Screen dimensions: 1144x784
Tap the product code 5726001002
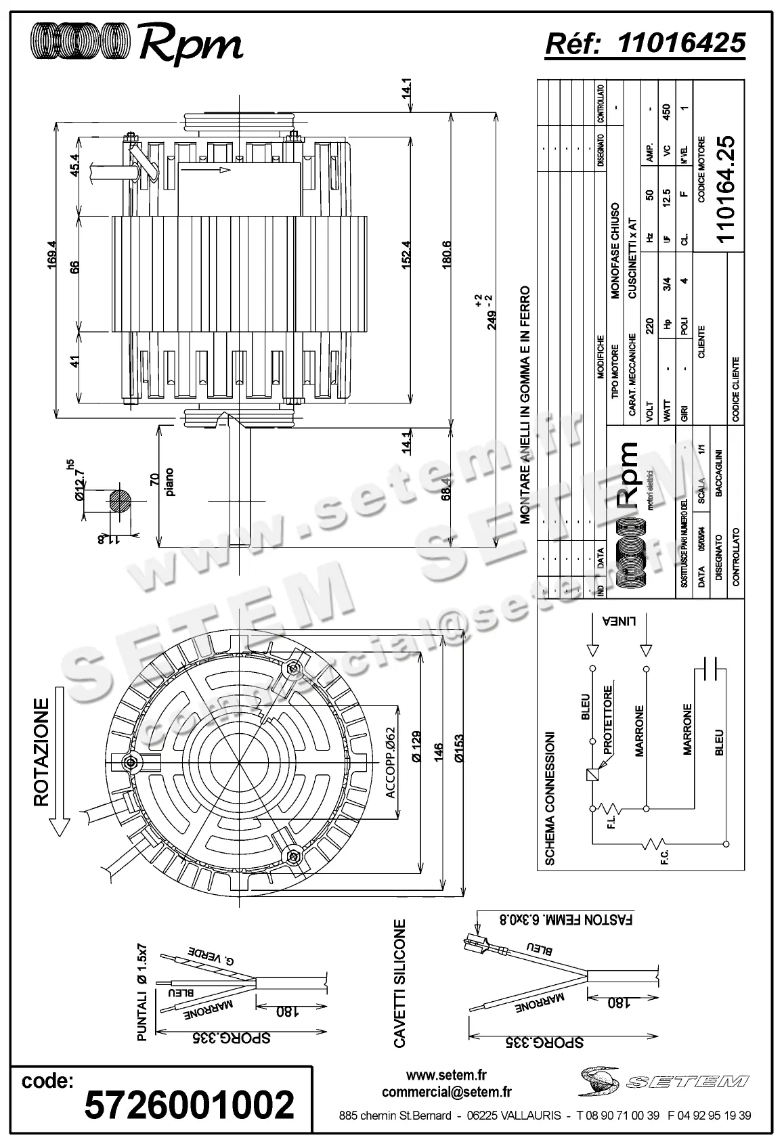pyautogui.click(x=190, y=1104)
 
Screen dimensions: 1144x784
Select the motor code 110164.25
pyautogui.click(x=724, y=189)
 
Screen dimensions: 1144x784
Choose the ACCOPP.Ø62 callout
pyautogui.click(x=390, y=762)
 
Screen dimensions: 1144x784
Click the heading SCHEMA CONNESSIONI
pyautogui.click(x=550, y=798)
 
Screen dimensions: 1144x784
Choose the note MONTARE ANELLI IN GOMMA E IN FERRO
pyautogui.click(x=523, y=405)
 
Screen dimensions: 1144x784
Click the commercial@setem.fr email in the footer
pyautogui.click(x=447, y=1091)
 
